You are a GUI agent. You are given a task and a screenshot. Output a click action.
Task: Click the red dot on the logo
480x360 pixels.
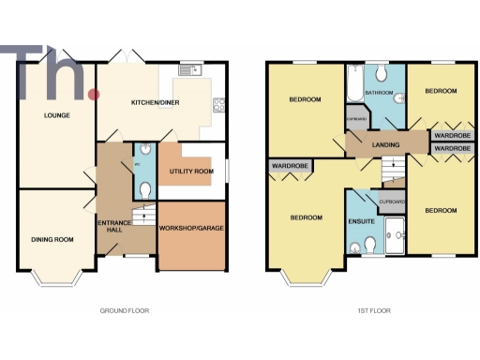coord(93,95)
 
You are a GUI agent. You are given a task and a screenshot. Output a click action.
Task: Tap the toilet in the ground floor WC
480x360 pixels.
coord(142,189)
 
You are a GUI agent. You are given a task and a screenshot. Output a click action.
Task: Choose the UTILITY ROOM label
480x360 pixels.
coord(191,172)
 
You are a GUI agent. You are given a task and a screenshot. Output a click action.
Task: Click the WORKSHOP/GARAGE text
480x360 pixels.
coord(191,229)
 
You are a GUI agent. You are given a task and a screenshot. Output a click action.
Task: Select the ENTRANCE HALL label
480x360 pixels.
coord(113,225)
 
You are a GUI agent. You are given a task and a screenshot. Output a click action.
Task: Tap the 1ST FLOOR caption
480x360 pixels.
coord(373,309)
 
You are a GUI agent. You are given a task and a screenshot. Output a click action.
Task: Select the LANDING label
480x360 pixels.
coord(384,144)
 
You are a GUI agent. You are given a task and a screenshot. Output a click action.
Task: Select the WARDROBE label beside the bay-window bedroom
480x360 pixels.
coord(290,167)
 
